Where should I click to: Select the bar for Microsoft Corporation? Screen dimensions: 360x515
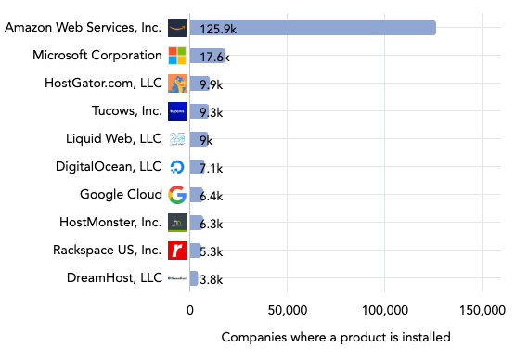tap(207, 56)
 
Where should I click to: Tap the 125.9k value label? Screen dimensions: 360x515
tap(219, 29)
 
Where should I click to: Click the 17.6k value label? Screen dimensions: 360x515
tap(214, 57)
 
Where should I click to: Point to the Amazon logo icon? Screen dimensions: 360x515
tap(177, 28)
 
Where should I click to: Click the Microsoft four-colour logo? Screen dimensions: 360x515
tap(177, 56)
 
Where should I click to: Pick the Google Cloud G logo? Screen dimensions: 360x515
tap(177, 195)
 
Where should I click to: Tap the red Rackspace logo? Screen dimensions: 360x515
tap(177, 251)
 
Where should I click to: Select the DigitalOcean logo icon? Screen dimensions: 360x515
tap(177, 167)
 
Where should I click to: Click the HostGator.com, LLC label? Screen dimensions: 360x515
tap(103, 84)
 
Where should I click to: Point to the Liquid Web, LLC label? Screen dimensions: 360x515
tap(113, 139)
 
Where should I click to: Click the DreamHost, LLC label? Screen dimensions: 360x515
tap(114, 277)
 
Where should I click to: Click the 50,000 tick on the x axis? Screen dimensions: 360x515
tap(288, 310)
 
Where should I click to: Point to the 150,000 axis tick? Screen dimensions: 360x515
tap(482, 310)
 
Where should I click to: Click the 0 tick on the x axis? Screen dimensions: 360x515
tap(190, 310)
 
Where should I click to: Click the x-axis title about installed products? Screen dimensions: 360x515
tap(336, 337)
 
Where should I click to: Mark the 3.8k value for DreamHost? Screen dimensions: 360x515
tap(211, 279)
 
